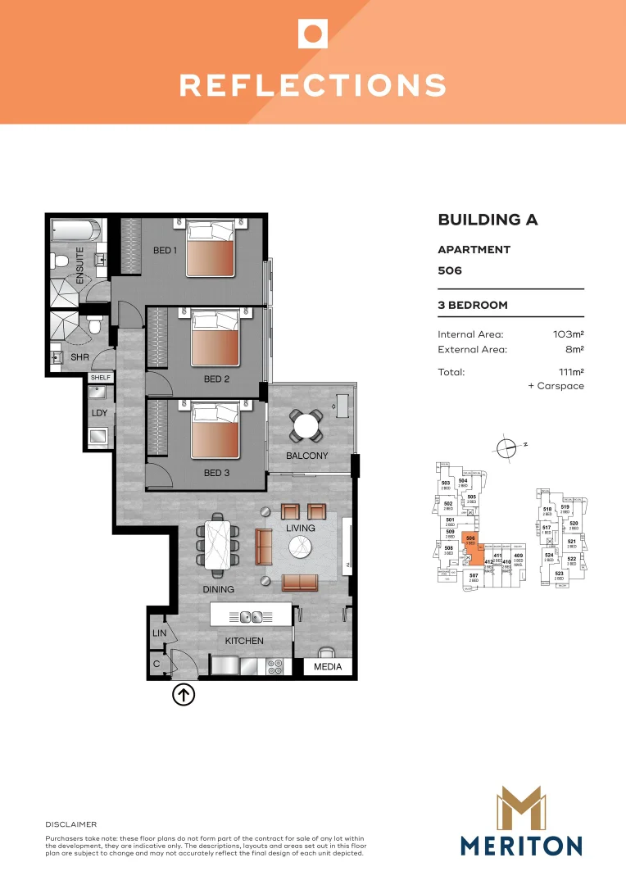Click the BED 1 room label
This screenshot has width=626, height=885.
(x=165, y=250)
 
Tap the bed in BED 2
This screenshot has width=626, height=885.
(x=217, y=338)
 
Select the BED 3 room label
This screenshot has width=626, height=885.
(x=216, y=473)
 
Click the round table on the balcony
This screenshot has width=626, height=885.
(x=306, y=426)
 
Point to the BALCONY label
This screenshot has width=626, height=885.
(x=306, y=456)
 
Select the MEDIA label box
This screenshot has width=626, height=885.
(x=328, y=668)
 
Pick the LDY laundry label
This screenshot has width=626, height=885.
(x=100, y=414)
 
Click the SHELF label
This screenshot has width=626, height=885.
(x=100, y=377)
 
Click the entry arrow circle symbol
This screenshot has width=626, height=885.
(x=184, y=695)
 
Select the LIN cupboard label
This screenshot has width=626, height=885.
(x=159, y=633)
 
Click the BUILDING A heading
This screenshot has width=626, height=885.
(x=488, y=220)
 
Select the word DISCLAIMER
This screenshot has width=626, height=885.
(x=71, y=824)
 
